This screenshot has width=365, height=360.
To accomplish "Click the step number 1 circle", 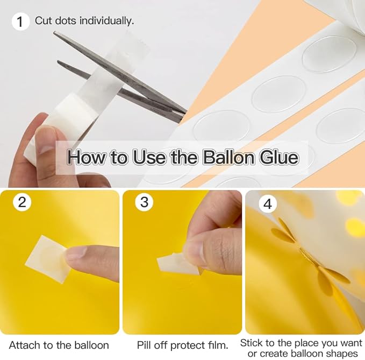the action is pyautogui.click(x=21, y=22).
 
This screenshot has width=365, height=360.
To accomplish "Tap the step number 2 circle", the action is pyautogui.click(x=22, y=202).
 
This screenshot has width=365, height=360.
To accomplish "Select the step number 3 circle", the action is pyautogui.click(x=144, y=202).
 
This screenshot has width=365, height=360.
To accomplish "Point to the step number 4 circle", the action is pyautogui.click(x=268, y=204).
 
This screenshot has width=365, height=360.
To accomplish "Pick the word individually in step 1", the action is pyautogui.click(x=106, y=21).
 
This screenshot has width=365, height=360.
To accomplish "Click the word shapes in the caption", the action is pyautogui.click(x=342, y=354).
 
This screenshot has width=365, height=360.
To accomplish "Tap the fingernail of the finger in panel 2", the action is pyautogui.click(x=75, y=252).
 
